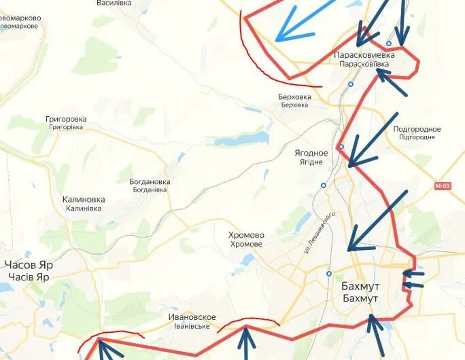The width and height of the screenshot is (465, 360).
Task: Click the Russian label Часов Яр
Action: [28, 265]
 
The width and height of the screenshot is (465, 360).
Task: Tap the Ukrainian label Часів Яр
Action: [28, 276]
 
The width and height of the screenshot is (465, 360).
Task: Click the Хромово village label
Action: [247, 235]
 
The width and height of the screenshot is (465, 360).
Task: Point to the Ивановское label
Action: [192, 317]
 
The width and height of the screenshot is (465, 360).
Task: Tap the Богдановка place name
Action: [150, 181]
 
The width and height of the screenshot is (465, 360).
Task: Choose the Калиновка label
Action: [83, 199]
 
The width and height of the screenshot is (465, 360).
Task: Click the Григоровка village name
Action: [66, 119]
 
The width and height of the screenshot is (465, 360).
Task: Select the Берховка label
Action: [294, 96]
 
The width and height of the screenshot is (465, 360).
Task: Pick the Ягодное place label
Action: [311, 153]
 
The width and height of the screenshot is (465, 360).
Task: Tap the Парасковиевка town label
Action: [364, 54]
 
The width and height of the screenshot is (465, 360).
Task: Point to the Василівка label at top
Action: [114, 3]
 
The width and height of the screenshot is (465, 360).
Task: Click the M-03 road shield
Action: [443, 185]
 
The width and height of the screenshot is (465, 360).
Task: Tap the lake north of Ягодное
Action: [241, 139]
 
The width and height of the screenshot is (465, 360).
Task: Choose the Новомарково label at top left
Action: [20, 18]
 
